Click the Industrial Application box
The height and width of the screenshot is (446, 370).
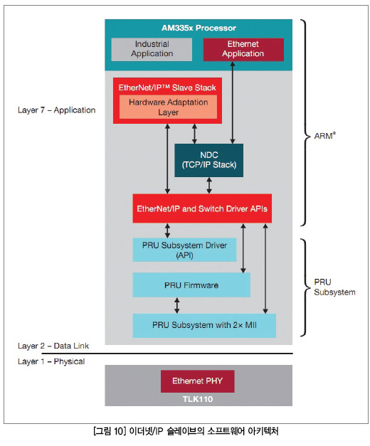click(x=152, y=49)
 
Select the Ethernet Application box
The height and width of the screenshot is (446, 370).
click(x=243, y=49)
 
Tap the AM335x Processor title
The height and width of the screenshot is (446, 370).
click(x=199, y=28)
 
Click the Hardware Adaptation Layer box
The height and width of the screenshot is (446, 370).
click(x=168, y=107)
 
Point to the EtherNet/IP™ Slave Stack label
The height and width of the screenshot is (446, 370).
click(x=167, y=87)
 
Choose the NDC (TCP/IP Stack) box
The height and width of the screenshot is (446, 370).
click(x=209, y=160)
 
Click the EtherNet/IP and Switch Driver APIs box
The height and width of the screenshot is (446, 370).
click(x=202, y=208)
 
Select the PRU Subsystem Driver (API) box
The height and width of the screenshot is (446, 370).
click(x=184, y=250)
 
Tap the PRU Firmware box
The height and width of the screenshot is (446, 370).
click(x=191, y=285)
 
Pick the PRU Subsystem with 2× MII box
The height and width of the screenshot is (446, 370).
click(x=204, y=325)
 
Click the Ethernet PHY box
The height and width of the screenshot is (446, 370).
click(x=198, y=381)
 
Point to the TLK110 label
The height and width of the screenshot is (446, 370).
click(x=198, y=399)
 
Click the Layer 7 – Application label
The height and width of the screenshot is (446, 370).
click(x=57, y=110)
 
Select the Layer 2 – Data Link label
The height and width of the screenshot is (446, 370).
click(x=53, y=346)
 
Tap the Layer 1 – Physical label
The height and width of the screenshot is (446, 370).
click(x=51, y=361)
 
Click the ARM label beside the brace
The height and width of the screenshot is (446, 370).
click(x=324, y=136)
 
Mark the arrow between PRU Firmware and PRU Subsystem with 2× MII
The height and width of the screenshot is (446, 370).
click(x=176, y=305)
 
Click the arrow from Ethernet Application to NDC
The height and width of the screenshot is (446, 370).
click(x=233, y=102)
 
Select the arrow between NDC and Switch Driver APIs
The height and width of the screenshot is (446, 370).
click(x=209, y=186)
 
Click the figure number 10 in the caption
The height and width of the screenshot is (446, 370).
click(x=118, y=431)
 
